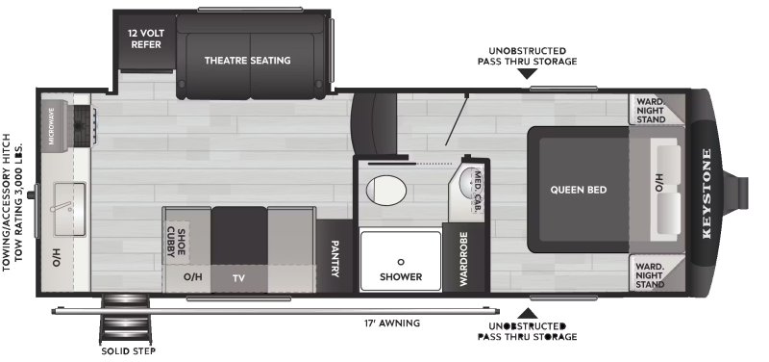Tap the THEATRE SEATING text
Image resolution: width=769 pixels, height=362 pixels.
pos(247,61)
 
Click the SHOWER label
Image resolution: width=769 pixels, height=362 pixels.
pos(401,276)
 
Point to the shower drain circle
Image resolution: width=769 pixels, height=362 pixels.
pos(400,260)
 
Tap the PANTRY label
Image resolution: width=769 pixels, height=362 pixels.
pos(335,257)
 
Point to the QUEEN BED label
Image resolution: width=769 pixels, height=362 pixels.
pos(578,190)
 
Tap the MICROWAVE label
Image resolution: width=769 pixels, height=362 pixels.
pos(51,126)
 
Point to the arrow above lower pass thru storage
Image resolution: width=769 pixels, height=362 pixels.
pos(525,312)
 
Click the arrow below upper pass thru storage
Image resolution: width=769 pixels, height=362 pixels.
pos(525,71)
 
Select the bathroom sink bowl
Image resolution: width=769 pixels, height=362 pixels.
pos(468,178)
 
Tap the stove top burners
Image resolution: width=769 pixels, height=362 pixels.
pos(81,122)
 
